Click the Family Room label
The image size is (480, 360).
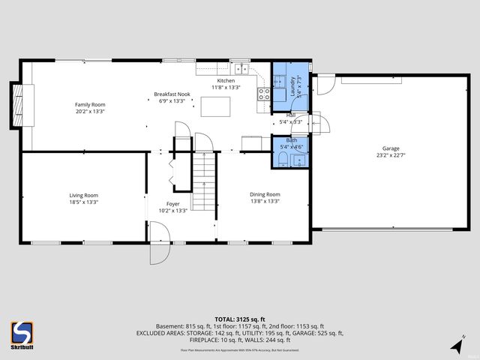point(89,104)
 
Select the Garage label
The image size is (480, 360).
point(388,149)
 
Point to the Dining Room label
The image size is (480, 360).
point(265,195)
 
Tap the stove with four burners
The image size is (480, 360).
point(264,94)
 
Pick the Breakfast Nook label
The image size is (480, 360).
point(172,94)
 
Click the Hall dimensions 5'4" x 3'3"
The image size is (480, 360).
point(290,121)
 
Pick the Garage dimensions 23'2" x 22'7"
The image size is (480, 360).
point(388,157)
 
